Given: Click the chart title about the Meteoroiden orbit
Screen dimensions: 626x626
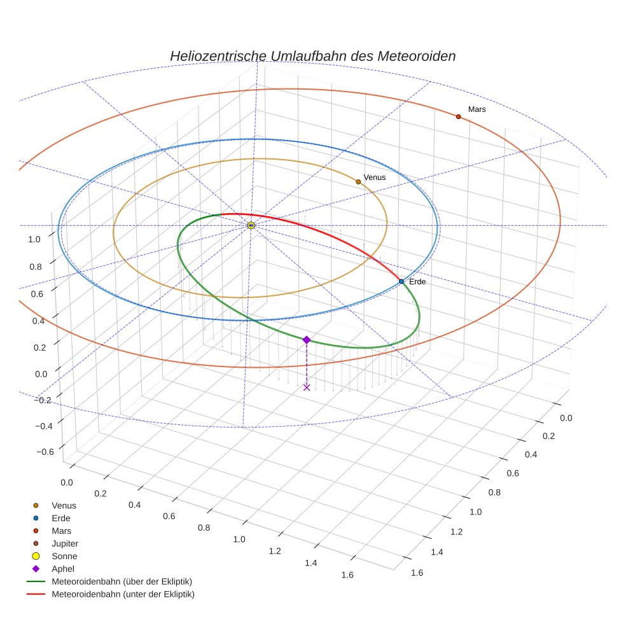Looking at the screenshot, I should tap(312, 56).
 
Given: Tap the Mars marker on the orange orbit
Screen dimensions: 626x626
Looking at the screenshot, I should tap(458, 116).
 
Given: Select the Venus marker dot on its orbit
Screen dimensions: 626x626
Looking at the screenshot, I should tap(358, 182).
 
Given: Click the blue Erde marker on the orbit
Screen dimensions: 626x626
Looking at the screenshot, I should tap(401, 281).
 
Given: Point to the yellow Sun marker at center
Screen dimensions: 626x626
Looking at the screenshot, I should tap(251, 225).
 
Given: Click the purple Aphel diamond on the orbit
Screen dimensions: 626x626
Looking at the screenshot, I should tap(307, 340).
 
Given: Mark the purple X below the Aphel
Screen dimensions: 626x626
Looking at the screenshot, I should tap(307, 387).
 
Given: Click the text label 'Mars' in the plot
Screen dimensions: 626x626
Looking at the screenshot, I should tap(476, 109).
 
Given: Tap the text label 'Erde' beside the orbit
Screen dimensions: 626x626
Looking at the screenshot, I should tap(417, 281).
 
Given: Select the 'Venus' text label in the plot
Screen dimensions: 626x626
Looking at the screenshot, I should tap(374, 177).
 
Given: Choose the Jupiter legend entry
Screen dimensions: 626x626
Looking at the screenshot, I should tap(64, 543).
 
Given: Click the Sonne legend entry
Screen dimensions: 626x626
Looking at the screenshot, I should tap(64, 556).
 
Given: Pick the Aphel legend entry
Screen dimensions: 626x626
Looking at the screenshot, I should tap(63, 569).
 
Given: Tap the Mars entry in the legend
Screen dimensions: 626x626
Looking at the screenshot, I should tap(61, 531).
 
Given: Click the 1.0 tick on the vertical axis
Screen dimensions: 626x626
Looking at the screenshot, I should tap(34, 239).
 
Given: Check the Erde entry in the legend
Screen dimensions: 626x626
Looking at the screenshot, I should tap(61, 518).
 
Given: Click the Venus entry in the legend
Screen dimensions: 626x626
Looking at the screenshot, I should tap(64, 505).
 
